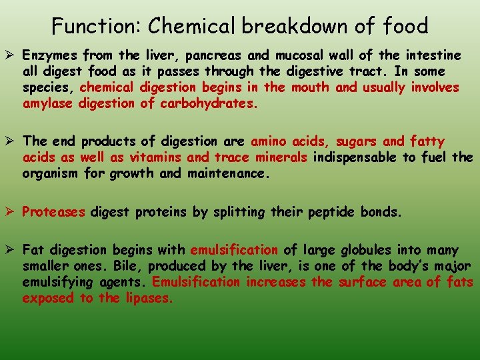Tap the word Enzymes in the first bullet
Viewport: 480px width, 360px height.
51,55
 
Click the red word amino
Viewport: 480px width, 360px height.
271,141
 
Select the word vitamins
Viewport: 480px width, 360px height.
155,157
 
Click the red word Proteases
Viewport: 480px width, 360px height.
54,213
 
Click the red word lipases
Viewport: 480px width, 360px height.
148,298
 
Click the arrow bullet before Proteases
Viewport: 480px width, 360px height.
11,213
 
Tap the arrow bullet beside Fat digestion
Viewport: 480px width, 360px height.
11,251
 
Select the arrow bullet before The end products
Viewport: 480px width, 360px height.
11,141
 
